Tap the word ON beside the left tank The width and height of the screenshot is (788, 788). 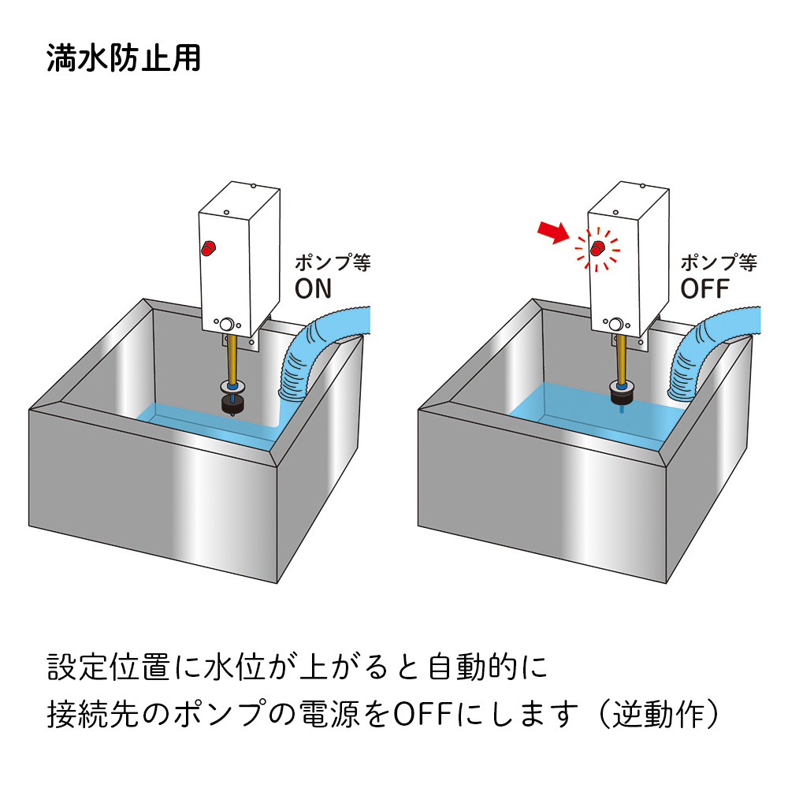[314, 288]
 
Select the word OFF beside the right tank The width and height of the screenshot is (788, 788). [705, 288]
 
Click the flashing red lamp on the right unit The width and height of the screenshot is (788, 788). [598, 249]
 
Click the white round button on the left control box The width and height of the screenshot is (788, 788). [228, 324]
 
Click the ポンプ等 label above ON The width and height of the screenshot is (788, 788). [332, 262]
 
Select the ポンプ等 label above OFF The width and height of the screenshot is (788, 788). [719, 262]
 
